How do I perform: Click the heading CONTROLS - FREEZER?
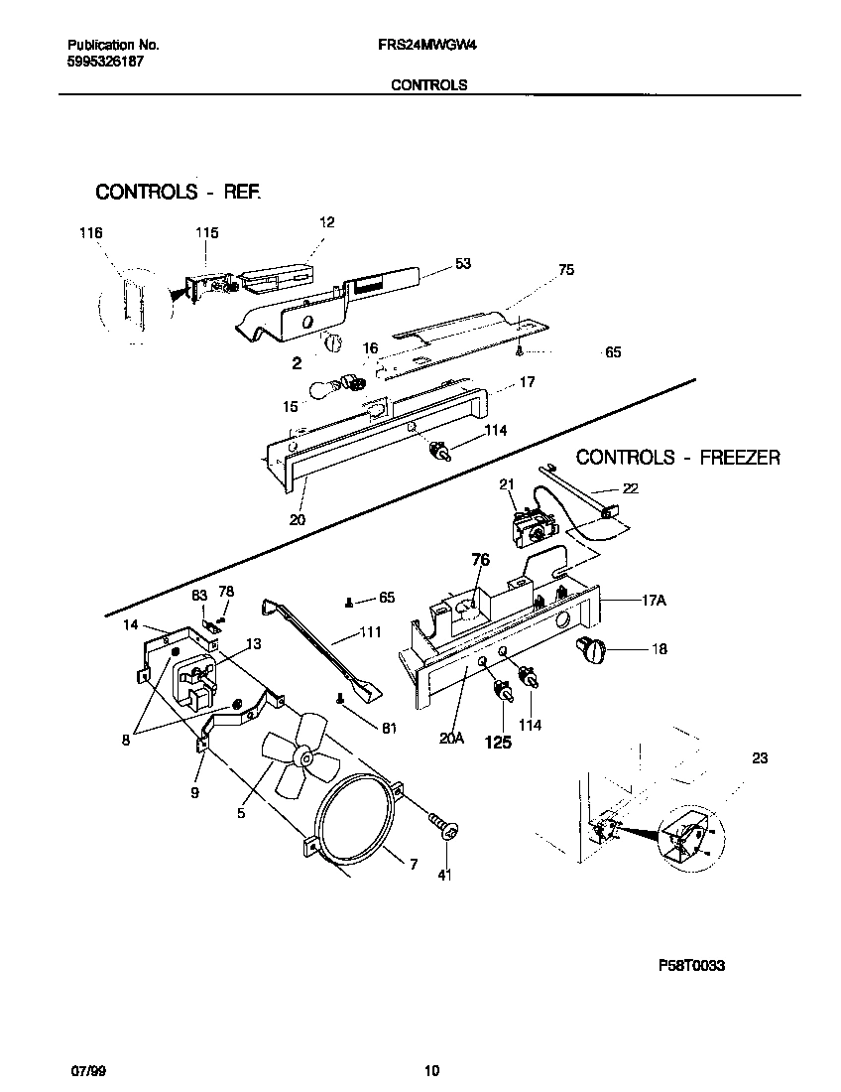(x=678, y=458)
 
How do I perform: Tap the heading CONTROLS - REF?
(x=179, y=192)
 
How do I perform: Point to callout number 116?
(x=90, y=233)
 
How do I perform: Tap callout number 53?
(x=463, y=264)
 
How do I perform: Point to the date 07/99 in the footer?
(x=87, y=1071)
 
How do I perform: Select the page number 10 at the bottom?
(x=430, y=1071)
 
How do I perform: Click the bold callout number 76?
(x=480, y=560)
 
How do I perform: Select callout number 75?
(x=566, y=269)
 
